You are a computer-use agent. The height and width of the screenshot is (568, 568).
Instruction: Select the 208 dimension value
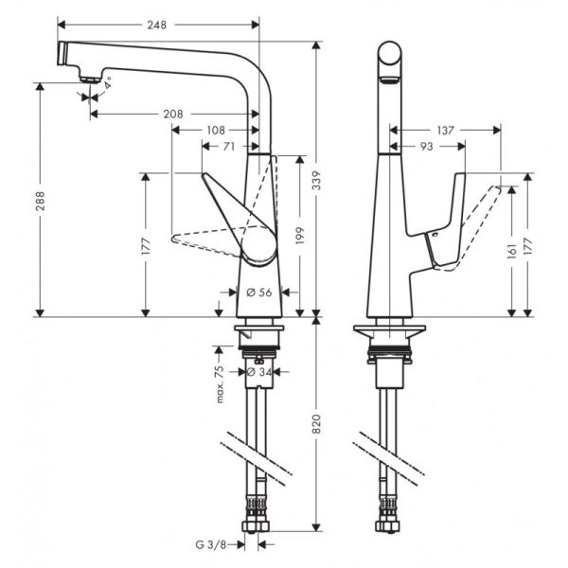[172, 114]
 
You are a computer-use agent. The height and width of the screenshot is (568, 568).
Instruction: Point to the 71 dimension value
[229, 146]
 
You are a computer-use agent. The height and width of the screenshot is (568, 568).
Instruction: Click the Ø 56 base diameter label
[258, 293]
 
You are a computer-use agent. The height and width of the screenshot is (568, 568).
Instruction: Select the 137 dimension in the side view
[447, 130]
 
